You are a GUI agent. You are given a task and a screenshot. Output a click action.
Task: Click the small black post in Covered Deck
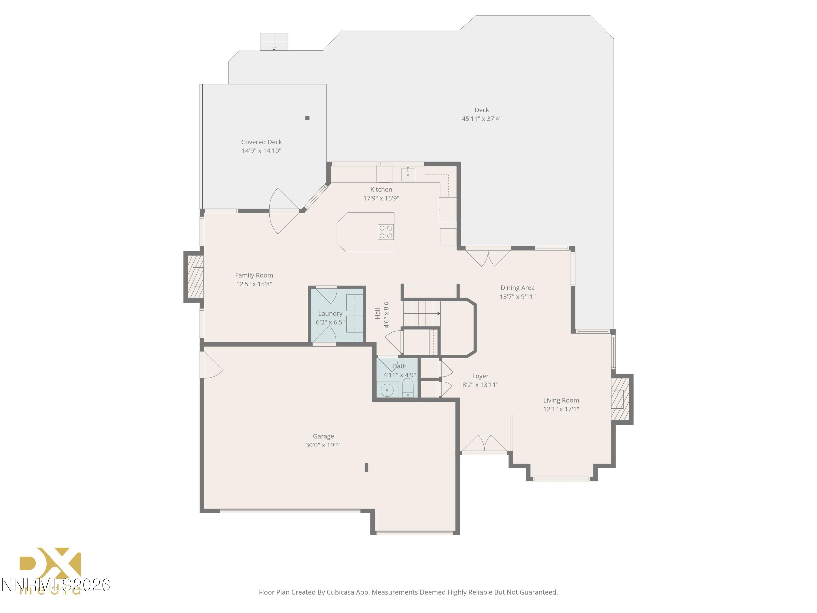tap(307, 118)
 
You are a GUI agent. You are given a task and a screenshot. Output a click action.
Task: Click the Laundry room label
tap(330, 313)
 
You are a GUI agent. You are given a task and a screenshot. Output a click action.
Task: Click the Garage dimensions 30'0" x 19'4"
tap(323, 445)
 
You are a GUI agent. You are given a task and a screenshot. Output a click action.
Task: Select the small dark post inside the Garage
tap(366, 468)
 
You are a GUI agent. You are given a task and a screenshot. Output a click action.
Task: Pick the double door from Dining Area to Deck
tap(488, 257)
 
